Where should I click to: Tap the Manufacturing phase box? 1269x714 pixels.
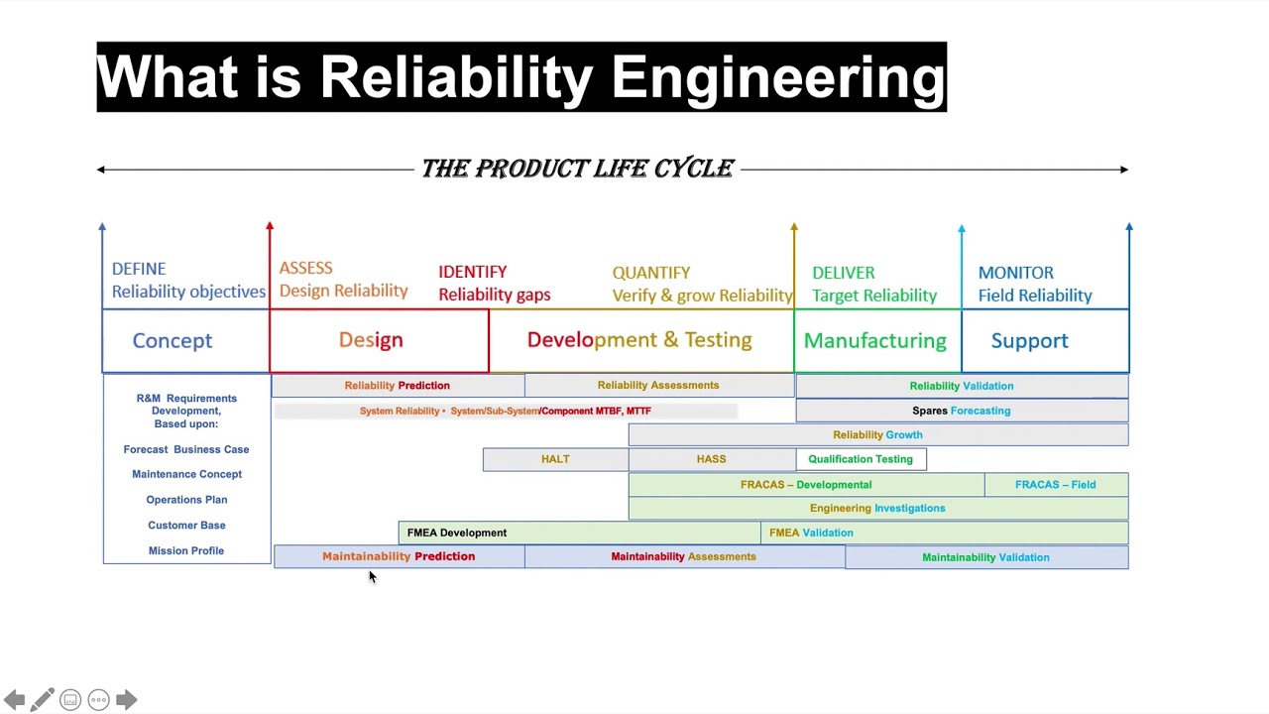876,341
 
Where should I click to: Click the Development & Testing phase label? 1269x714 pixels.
639,340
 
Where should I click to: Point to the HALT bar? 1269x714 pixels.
555,459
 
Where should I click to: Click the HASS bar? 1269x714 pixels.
711,459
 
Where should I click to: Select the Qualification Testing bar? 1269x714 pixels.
861,459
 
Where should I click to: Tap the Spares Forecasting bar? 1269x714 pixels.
961,411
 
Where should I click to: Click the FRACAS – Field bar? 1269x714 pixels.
1055,485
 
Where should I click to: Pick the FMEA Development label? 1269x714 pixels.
457,533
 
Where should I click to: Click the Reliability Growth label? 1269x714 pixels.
877,434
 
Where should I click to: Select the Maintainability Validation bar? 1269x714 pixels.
985,557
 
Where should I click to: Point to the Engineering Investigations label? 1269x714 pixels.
877,509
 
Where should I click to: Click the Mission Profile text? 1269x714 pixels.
186,550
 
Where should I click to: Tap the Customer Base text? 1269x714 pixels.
186,526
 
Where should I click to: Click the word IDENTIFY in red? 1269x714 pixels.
472,272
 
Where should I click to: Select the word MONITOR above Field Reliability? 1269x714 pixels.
1015,273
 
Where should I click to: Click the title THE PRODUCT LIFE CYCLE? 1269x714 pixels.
577,169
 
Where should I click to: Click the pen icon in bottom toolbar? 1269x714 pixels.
42,700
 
